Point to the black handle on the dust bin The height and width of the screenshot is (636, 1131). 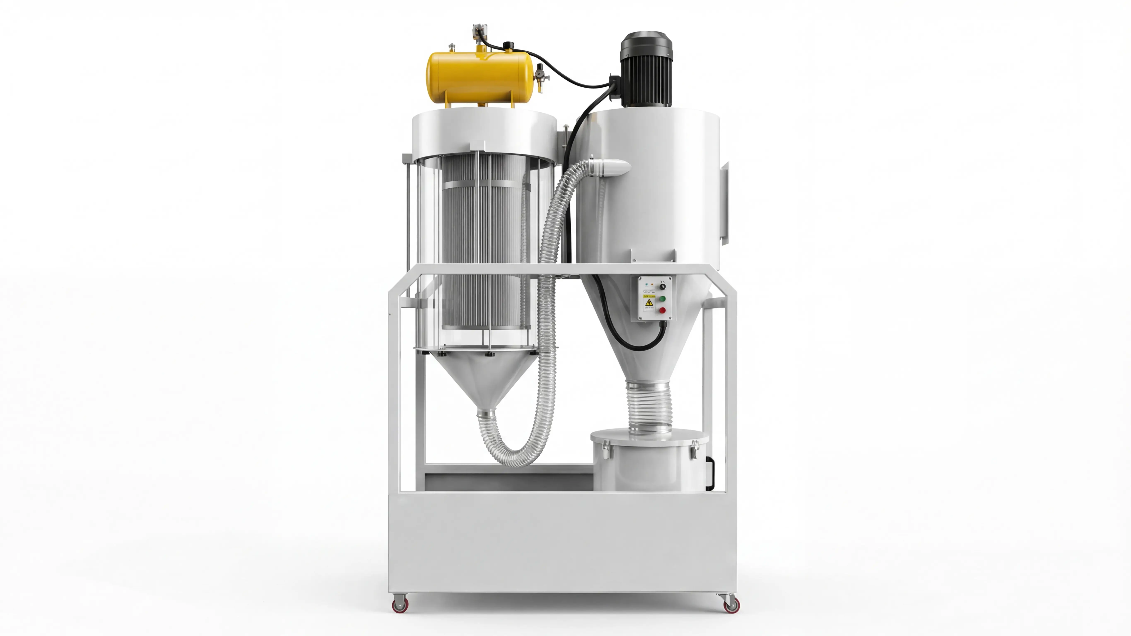tap(709, 473)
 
